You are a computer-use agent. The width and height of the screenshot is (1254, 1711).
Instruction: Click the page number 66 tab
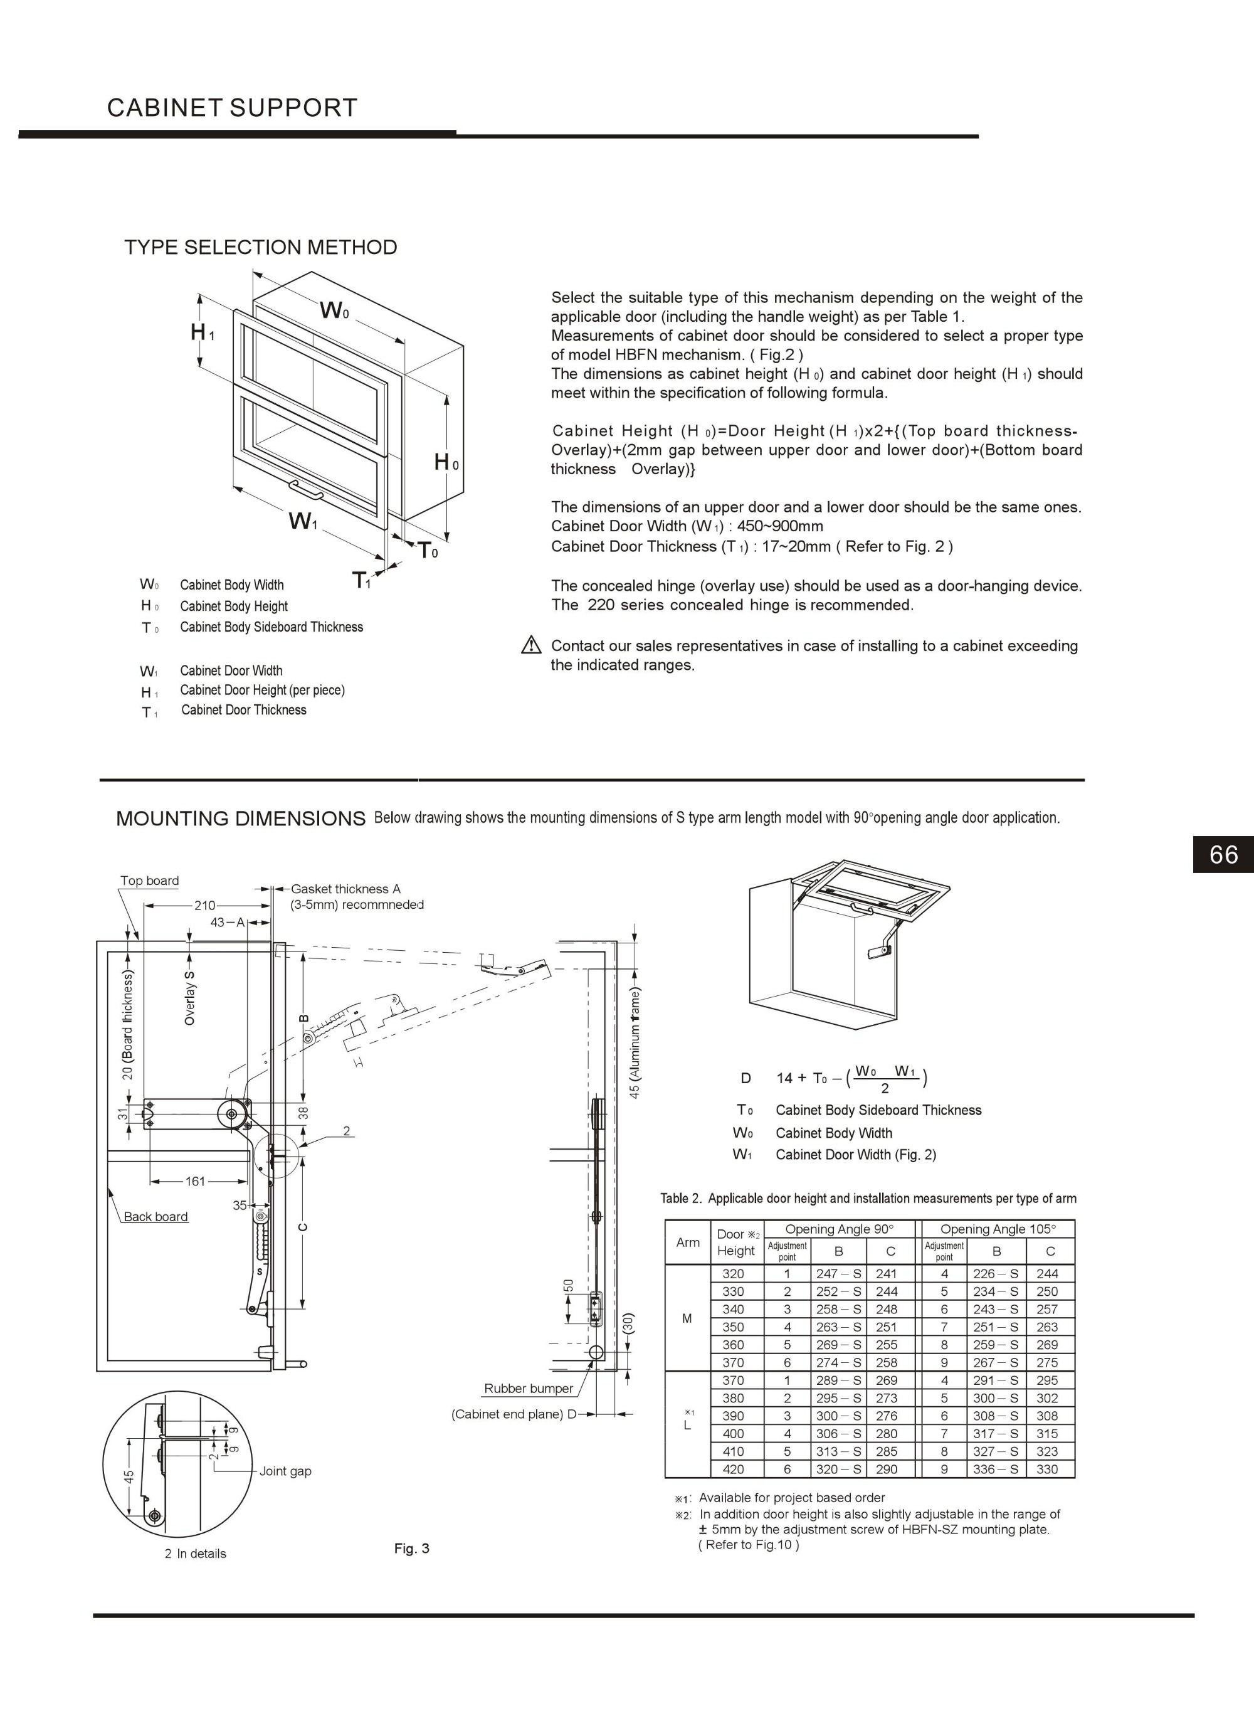tap(1223, 855)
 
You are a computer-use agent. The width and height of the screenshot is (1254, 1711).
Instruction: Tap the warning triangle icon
tap(531, 646)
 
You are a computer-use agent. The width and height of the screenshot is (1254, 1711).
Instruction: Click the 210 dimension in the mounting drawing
tap(204, 905)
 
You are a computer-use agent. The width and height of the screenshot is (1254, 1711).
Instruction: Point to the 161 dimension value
tap(195, 1181)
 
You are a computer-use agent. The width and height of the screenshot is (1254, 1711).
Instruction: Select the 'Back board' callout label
tap(155, 1216)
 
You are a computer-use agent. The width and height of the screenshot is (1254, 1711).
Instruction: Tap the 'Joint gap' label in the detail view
tap(285, 1470)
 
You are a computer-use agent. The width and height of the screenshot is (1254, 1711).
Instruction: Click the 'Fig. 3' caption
tap(411, 1548)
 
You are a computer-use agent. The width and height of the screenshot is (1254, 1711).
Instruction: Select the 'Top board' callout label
tap(149, 881)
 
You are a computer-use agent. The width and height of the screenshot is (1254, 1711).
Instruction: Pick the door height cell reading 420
tap(733, 1469)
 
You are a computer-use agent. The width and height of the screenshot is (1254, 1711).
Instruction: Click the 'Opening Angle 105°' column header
tap(998, 1228)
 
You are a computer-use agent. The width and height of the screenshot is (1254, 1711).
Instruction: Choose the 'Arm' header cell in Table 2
tap(688, 1242)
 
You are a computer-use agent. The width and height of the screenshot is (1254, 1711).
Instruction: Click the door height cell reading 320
tap(733, 1274)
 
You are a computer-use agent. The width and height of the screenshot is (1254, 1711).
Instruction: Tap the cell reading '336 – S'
tap(995, 1469)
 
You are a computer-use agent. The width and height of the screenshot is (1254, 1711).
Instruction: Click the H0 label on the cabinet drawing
tap(446, 462)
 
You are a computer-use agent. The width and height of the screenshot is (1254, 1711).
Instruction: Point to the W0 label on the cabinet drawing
tap(334, 310)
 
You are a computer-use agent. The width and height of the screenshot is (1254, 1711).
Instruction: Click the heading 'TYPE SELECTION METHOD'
tap(260, 248)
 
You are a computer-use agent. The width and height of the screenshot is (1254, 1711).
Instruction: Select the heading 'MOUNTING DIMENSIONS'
tap(241, 818)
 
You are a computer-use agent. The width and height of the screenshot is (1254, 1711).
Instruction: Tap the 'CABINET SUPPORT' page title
tap(231, 108)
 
